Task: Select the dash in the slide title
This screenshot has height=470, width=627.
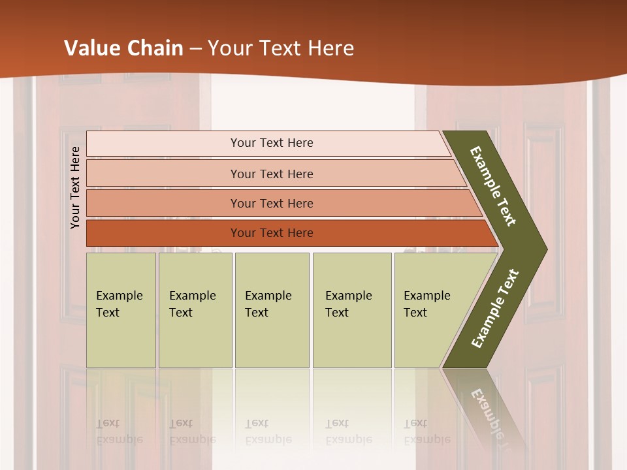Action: pos(195,49)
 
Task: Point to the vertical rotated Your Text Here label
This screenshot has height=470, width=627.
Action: pos(75,187)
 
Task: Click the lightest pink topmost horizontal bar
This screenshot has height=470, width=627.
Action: pos(271,143)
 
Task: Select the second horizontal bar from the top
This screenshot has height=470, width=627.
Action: pos(271,174)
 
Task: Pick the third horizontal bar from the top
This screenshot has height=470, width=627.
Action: pos(271,203)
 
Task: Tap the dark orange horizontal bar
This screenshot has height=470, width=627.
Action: pos(271,233)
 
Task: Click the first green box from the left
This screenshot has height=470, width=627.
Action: pos(121,310)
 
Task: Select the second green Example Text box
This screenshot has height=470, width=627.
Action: pos(195,310)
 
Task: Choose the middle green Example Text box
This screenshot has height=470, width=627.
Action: pos(272,310)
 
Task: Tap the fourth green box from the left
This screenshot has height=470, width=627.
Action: pos(351,310)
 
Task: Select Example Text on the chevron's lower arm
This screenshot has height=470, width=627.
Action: pos(495,309)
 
